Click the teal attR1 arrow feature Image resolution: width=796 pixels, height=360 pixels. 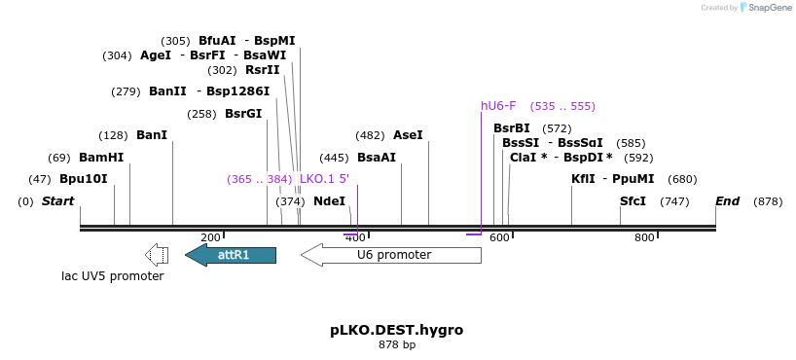click(232, 255)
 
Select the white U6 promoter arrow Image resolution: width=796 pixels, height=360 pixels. click(391, 255)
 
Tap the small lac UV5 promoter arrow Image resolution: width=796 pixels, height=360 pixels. click(156, 255)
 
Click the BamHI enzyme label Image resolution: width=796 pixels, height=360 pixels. click(101, 158)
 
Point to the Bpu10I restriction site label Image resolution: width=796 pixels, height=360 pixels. click(83, 179)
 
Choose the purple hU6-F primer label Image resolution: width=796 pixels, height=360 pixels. click(498, 106)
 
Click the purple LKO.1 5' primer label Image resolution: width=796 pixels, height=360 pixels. click(324, 179)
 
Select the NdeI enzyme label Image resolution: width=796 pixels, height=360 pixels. click(329, 201)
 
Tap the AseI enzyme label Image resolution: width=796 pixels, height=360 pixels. click(408, 135)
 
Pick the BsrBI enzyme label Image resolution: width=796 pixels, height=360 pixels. click(512, 128)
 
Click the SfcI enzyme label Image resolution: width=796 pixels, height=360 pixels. click(633, 201)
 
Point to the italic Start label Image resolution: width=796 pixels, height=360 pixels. click(57, 201)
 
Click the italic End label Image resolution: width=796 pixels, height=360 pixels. click(728, 201)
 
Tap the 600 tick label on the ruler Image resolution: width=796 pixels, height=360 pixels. click(499, 237)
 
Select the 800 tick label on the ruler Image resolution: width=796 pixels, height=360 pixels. click(644, 237)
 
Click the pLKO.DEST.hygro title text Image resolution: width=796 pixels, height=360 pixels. click(396, 330)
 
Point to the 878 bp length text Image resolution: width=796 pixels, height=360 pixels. click(396, 344)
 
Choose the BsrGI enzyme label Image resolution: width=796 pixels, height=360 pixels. click(243, 114)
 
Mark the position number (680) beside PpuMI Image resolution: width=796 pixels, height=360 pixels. click(682, 179)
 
